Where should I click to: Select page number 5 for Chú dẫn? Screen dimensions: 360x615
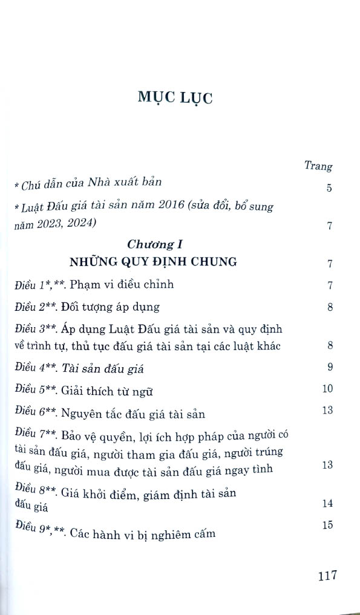pyautogui.click(x=329, y=188)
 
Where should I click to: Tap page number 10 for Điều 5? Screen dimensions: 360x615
pyautogui.click(x=327, y=388)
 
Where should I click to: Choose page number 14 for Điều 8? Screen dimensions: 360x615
pyautogui.click(x=327, y=503)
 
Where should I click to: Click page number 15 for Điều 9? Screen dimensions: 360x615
pyautogui.click(x=327, y=525)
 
